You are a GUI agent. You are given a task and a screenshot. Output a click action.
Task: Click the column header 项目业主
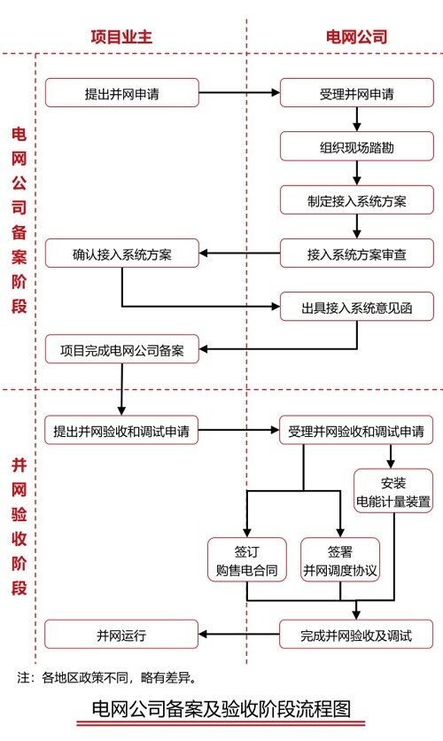(121, 37)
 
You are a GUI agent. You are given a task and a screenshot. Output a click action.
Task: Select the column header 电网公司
(356, 37)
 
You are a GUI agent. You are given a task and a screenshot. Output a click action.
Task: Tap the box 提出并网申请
(122, 93)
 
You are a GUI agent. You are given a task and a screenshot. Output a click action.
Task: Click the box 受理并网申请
(356, 93)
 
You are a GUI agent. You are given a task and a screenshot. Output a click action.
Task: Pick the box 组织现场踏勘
(356, 147)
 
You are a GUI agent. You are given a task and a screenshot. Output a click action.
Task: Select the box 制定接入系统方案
(356, 200)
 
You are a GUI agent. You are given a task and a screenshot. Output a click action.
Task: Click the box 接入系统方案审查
(356, 253)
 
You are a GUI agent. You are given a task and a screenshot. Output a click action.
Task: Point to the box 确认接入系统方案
(122, 253)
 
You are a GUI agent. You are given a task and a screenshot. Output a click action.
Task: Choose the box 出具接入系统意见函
(356, 308)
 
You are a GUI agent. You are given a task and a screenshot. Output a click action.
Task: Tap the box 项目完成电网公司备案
(122, 350)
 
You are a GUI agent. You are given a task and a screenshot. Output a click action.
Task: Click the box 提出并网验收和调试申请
(121, 431)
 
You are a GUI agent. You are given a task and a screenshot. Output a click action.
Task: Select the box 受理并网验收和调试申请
(356, 431)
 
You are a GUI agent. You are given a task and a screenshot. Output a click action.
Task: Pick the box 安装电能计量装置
(393, 491)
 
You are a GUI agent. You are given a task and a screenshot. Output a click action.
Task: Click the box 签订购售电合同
(247, 559)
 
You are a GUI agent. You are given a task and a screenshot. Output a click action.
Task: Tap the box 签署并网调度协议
(340, 559)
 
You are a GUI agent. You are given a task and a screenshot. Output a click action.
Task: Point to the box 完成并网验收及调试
(356, 635)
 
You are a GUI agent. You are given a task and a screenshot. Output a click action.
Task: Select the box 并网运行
(121, 635)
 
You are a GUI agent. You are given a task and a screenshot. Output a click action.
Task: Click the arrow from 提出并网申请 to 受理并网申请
(239, 93)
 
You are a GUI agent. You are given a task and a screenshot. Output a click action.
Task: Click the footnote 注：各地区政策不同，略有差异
(106, 678)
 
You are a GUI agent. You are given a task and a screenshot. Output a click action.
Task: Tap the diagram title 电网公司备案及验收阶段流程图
(221, 709)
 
